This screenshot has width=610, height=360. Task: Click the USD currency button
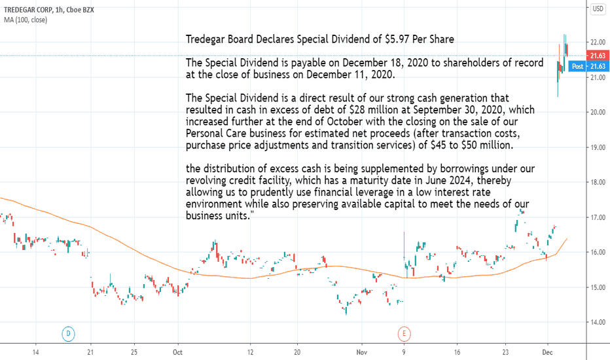pos(598,9)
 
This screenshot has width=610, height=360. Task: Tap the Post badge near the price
pos(578,66)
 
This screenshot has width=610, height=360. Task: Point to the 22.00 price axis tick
pos(598,43)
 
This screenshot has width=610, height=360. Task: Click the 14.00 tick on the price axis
pos(598,322)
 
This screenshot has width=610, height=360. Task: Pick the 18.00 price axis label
pos(598,183)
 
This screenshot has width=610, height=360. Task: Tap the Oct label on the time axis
pos(177,351)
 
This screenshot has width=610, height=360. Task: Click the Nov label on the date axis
pos(362,351)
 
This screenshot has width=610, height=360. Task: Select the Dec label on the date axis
pos(547,351)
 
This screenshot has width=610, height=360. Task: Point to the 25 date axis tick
pos(134,351)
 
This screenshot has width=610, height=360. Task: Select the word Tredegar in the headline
pos(207,39)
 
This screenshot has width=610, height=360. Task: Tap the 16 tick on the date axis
pos(457,351)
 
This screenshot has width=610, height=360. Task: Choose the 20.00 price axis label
pos(598,113)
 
